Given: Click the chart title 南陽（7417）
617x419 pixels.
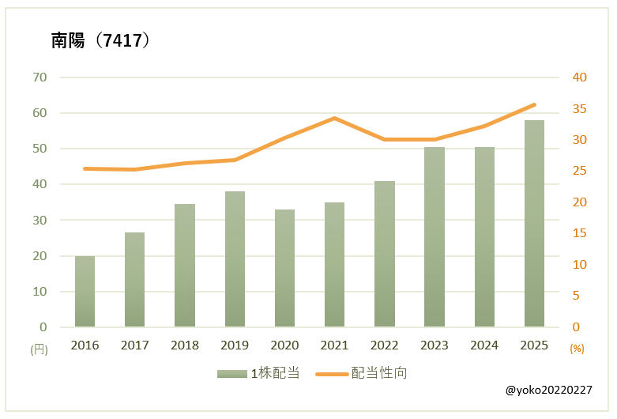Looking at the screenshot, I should coord(100,41).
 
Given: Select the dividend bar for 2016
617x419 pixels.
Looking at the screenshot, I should coord(85,291).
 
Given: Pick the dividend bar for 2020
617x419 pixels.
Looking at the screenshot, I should coord(284,268).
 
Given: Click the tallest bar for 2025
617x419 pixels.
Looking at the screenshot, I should coord(534,224).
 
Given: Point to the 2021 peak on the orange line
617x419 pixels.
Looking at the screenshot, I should coord(334,118).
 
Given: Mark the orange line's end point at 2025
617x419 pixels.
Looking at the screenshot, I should coord(534,104).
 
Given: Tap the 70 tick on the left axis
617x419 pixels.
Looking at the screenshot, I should coord(40,77).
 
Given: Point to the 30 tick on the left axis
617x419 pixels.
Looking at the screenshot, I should coord(40,220).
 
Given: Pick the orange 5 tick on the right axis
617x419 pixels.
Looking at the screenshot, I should coord(576,296).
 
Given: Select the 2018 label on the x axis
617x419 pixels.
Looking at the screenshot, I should coord(185,345).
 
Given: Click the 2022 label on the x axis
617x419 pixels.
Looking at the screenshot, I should coord(385,345).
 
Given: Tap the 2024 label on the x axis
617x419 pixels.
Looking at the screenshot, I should coord(484,345).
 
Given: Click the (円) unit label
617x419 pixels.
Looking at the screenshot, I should coord(38,348).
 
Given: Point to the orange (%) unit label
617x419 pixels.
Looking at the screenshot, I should coord(577,348).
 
